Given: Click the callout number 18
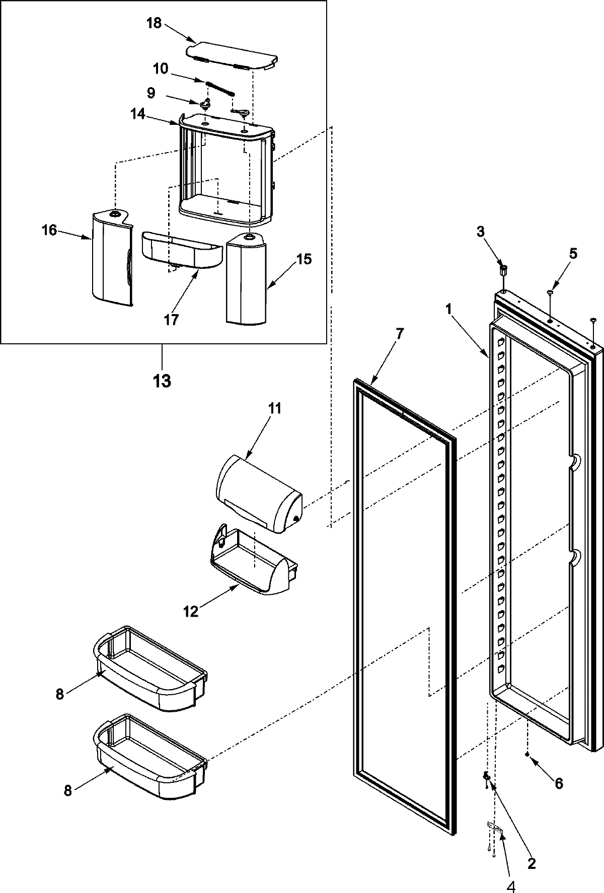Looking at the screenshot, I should tap(154, 23).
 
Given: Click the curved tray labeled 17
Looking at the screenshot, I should tap(181, 249).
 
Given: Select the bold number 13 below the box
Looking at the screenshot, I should tap(162, 381).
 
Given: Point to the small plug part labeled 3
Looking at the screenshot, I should tap(503, 270).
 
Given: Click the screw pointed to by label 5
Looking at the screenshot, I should tap(550, 292).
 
